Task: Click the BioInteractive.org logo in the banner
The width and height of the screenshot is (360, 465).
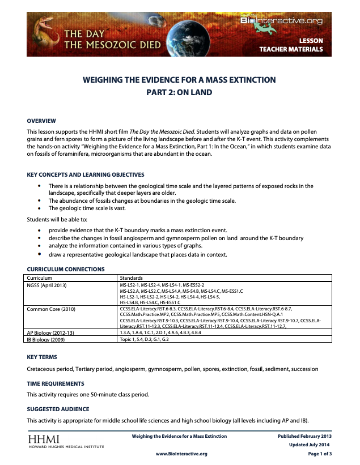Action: [x=282, y=21]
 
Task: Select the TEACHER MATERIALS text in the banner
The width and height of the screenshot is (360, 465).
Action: [x=291, y=50]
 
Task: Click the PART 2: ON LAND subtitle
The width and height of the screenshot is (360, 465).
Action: [x=179, y=92]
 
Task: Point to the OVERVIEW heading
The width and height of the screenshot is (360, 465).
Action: [x=41, y=121]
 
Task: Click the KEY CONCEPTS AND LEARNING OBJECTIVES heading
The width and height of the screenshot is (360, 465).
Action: [x=86, y=174]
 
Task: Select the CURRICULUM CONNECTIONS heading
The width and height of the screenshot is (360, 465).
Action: [x=66, y=269]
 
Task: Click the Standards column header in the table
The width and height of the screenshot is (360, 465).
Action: [x=131, y=278]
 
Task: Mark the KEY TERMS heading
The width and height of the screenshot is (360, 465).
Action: [x=42, y=357]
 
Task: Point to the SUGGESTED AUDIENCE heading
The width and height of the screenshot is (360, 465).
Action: [x=58, y=409]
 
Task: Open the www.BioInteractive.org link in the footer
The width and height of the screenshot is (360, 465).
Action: [x=181, y=454]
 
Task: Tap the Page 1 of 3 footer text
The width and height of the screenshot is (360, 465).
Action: [x=320, y=454]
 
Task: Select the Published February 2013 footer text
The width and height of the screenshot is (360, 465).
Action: [x=304, y=436]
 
